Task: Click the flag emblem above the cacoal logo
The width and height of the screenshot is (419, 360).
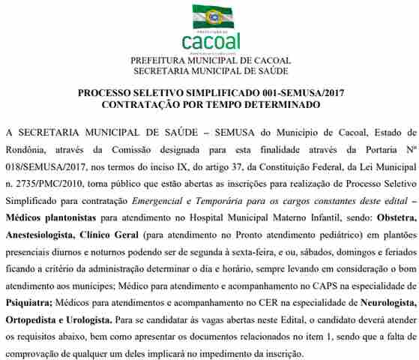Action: coord(212,16)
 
